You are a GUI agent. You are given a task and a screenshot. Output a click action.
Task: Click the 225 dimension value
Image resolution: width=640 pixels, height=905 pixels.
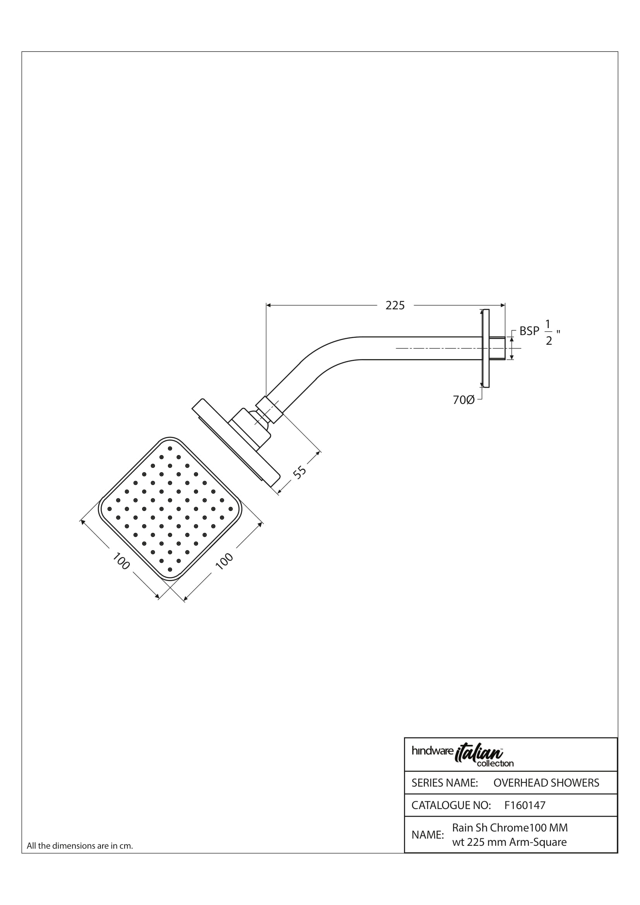point(395,306)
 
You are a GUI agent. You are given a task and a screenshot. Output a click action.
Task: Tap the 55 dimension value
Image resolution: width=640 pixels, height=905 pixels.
point(300,472)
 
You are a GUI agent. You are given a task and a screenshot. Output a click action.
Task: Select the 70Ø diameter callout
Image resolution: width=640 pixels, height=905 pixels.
point(464,400)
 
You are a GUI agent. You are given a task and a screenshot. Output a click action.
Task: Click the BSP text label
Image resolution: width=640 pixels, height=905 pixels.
point(529,331)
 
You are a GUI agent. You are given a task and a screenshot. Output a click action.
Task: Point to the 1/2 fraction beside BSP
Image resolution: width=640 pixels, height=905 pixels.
point(549,333)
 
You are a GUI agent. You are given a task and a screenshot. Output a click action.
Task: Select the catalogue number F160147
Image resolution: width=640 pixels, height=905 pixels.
point(525,805)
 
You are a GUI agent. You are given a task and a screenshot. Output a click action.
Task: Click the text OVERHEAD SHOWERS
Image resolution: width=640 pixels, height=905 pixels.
point(546,783)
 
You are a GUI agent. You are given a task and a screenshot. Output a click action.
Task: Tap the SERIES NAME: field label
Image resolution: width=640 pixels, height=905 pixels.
point(445,783)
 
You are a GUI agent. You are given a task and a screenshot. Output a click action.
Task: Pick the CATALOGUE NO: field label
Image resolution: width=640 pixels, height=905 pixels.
point(451,805)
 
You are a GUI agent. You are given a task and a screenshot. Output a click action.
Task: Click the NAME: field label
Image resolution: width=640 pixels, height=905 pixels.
point(428,835)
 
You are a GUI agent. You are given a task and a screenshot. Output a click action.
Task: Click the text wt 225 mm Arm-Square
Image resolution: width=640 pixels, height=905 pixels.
point(509,842)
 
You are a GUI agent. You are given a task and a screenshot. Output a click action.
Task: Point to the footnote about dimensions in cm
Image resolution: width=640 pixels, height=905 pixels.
point(80,846)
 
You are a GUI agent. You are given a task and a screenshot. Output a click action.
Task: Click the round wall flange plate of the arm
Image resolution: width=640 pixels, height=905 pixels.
point(486,348)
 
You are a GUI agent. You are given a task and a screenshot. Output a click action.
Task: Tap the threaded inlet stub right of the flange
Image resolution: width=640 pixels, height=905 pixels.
point(497,348)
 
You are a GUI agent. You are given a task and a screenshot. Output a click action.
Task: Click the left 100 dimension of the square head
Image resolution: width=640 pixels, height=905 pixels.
point(121,561)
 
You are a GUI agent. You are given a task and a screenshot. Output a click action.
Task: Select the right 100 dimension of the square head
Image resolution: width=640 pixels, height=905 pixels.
point(225,561)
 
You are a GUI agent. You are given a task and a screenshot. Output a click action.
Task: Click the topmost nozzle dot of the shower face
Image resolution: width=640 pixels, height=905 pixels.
point(170,448)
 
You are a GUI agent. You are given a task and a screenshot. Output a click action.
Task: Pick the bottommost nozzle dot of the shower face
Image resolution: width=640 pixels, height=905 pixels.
point(170,569)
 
